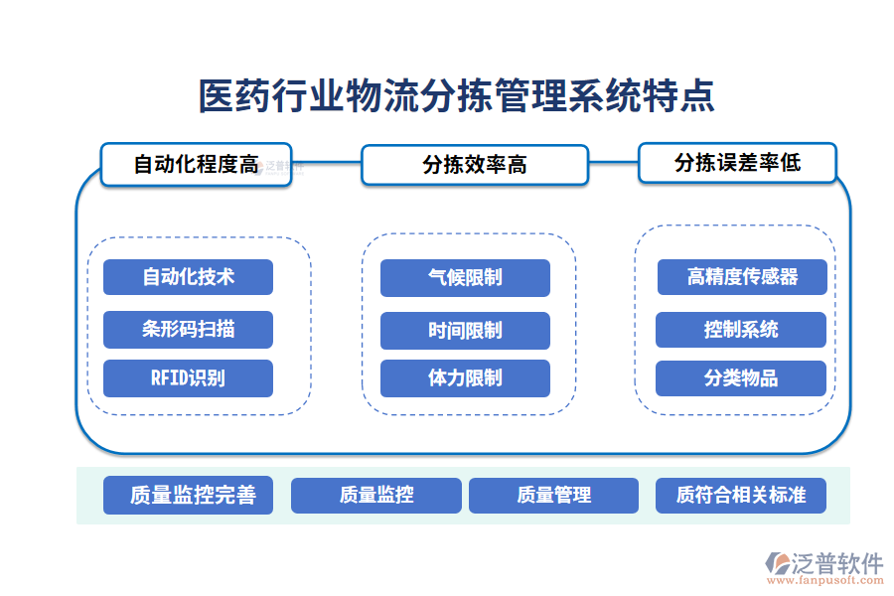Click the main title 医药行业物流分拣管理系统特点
pos(456,97)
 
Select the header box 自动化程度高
pos(196,164)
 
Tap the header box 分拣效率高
pos(474,165)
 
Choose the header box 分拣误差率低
pos(737,163)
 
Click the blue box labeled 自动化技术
pos(188,277)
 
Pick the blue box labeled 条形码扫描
pos(188,329)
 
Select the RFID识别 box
pos(188,377)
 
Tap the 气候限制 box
pos(465,278)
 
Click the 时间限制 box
pos(465,330)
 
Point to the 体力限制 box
pos(465,377)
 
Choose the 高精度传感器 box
pos(741,277)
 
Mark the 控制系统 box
pos(741,329)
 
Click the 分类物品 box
pos(741,377)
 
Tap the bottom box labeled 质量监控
pos(375,495)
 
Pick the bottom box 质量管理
pos(553,495)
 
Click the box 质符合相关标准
pos(740,495)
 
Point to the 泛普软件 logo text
pos(836,563)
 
